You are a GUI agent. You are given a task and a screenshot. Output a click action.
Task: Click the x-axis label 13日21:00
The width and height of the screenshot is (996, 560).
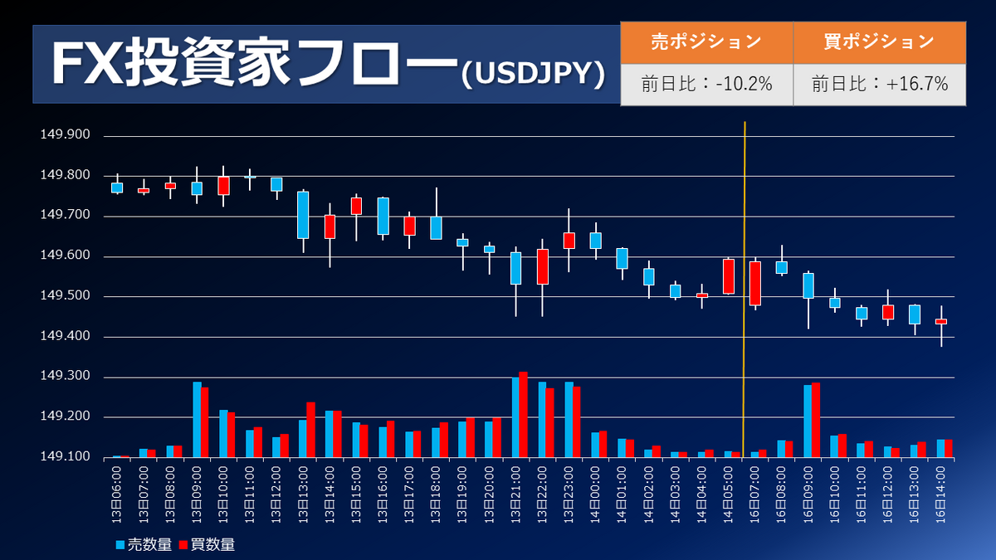click(x=519, y=494)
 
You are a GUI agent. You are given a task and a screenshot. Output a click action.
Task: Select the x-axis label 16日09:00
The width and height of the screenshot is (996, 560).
click(x=811, y=494)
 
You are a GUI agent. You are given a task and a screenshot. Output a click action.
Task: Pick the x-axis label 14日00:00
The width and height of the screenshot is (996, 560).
click(x=598, y=494)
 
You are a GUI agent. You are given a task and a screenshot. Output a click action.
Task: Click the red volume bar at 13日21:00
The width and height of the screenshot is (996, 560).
click(x=523, y=415)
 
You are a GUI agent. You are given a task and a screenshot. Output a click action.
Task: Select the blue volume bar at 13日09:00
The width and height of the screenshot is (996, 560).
click(x=197, y=420)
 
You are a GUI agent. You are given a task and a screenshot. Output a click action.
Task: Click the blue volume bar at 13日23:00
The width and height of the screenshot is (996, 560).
click(x=569, y=420)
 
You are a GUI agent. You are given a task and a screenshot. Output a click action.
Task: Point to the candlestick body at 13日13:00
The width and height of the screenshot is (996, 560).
click(x=303, y=215)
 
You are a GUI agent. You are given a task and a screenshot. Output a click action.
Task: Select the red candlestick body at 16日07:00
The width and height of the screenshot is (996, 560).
click(x=755, y=283)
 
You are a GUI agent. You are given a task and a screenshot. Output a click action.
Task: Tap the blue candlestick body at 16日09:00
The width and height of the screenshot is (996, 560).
click(x=808, y=285)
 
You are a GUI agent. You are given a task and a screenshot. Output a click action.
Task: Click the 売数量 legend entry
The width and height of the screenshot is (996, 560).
click(x=145, y=544)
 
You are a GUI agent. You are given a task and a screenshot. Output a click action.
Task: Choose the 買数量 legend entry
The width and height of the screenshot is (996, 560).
click(x=208, y=544)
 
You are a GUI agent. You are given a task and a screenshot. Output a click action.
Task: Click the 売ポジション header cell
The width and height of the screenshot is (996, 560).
click(x=706, y=41)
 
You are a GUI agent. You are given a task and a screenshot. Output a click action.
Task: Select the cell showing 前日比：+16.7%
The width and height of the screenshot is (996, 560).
click(x=880, y=84)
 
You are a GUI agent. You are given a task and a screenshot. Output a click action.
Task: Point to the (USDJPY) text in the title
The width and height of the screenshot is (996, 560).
click(x=532, y=75)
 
